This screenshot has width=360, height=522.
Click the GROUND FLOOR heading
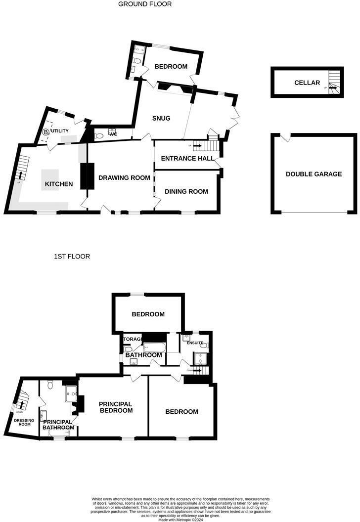coord(145,4)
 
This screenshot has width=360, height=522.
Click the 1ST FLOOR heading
coord(72,257)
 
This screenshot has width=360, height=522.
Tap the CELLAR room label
coord(307,83)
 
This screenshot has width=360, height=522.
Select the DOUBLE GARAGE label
coord(314,174)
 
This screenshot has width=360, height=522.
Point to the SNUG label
coord(162,118)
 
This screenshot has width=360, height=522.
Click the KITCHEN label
coord(59,184)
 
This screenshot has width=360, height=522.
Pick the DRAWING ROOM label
coord(124,177)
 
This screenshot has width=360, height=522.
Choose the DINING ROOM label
coord(186,191)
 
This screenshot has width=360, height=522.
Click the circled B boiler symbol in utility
coord(46,132)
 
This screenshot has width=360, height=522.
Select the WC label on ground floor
coord(113,134)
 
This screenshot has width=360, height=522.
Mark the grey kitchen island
coord(50,176)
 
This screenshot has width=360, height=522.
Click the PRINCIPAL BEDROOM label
coord(116,407)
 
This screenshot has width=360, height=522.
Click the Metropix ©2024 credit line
coord(180,520)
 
